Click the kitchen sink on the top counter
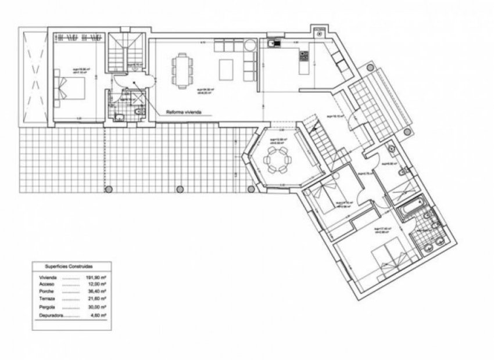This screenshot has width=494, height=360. click(274, 42)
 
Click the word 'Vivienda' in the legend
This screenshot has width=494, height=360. click(49, 277)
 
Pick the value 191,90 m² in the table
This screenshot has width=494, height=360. click(96, 277)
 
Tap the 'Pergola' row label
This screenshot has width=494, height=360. click(48, 306)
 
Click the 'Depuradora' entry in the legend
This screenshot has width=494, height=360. click(51, 315)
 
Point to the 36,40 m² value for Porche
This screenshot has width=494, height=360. click(96, 291)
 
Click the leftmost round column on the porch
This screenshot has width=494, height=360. click(108, 188)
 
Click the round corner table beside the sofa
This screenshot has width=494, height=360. click(249, 45)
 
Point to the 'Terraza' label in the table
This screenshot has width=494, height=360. click(48, 298)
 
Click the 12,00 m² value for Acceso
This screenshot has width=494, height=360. click(96, 285)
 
